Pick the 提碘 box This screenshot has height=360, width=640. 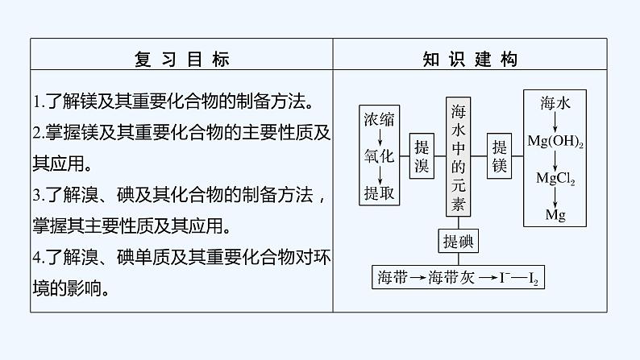pos(458,242)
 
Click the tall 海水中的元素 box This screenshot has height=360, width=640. pos(458,158)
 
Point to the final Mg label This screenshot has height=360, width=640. pos(555,215)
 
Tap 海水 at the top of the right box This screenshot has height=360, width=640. pos(555,102)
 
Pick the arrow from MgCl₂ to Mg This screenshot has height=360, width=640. pos(555,198)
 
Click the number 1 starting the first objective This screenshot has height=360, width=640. pos(37,103)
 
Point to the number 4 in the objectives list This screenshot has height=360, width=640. pos(38,257)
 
